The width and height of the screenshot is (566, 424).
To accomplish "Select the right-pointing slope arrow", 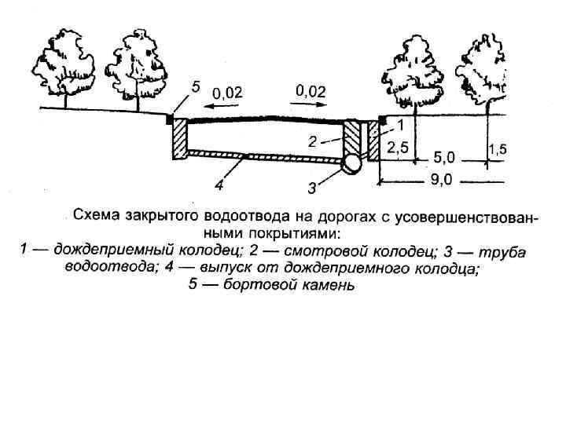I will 309,103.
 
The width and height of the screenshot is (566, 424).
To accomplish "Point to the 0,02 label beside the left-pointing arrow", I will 229,92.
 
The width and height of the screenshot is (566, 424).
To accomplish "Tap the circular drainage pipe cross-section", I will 351,163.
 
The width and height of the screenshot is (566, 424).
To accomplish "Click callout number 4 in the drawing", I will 220,186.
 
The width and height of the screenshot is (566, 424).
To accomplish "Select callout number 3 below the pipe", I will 313,188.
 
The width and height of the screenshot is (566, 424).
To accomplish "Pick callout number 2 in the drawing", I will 312,143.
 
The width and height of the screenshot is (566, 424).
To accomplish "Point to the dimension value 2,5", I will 399,147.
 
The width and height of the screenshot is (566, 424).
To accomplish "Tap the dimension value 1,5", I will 496,148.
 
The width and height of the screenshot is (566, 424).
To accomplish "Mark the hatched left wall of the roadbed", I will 178,140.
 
